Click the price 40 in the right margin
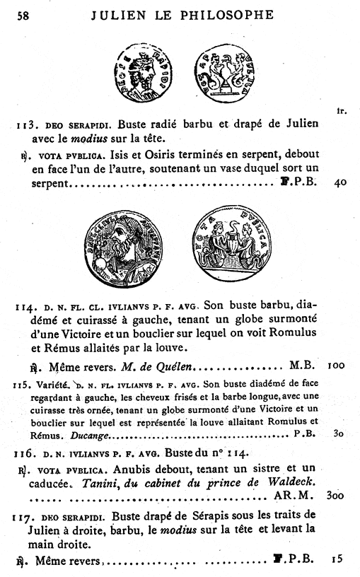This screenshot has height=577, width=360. pos(340,182)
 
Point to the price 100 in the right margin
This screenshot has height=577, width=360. pos(337,367)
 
